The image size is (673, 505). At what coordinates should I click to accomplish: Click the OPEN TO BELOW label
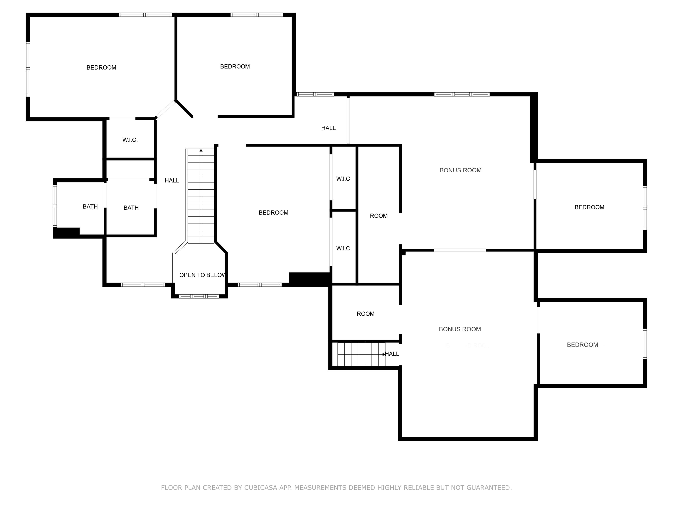coord(202,275)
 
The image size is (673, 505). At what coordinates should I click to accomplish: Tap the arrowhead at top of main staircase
coord(201,150)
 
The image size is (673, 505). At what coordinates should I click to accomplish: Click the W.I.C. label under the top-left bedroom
coord(130,140)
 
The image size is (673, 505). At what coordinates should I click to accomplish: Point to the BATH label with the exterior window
coord(90,207)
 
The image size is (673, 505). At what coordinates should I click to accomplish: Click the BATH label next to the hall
coord(131,208)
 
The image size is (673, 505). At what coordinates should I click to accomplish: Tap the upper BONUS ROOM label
coord(460,170)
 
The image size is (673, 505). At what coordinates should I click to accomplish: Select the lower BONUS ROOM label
coord(460,329)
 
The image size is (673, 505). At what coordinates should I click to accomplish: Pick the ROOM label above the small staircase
coord(365,314)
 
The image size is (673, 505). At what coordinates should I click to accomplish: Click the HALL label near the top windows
coord(328,128)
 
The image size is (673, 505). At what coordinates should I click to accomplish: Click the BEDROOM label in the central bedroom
coord(273,213)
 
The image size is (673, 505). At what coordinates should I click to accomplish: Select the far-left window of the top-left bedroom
coord(28,69)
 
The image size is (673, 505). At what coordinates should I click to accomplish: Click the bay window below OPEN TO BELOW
coord(199,296)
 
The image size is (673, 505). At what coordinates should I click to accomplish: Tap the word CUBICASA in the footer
coord(261,488)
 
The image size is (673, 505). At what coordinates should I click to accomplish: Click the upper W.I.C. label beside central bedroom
coord(344,179)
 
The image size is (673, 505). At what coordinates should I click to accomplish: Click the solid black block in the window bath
coord(66,233)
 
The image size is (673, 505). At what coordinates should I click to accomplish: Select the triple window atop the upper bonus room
coord(461,94)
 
